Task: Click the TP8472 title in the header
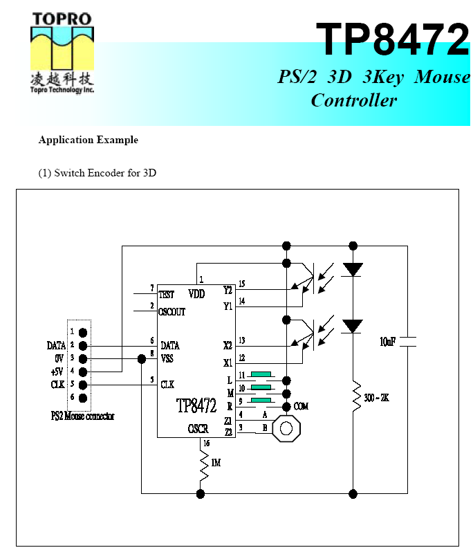point(392,39)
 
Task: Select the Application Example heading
point(89,140)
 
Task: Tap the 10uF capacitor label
point(388,341)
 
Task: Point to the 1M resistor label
point(216,463)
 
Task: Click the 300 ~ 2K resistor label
point(376,398)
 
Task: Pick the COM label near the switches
point(301,407)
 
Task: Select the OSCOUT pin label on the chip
point(173,312)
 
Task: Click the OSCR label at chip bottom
point(198,430)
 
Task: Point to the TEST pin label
point(167,295)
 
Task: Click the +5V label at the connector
point(56,372)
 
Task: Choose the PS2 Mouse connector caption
point(82,416)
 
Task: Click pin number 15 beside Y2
point(241,284)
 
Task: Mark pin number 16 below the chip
point(205,443)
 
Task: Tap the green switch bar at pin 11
point(261,374)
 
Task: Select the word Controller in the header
point(354,100)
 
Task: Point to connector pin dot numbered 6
point(83,397)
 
